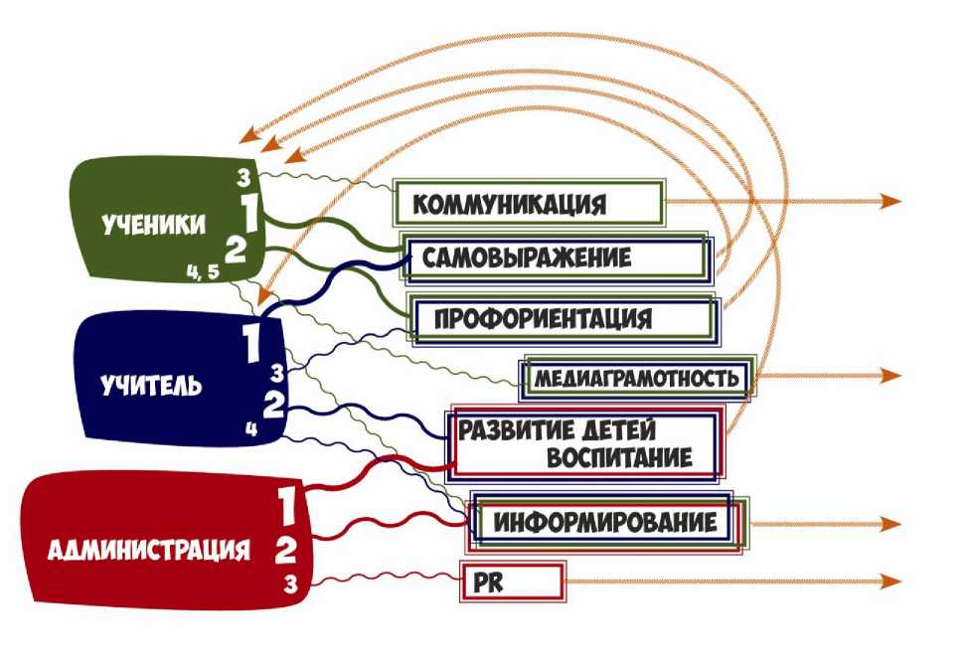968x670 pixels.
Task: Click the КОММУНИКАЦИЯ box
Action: pos(528,203)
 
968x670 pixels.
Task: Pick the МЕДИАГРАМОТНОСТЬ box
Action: pos(636,379)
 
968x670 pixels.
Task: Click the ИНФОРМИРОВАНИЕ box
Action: pos(606,522)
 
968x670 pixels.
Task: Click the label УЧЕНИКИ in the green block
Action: pos(154,225)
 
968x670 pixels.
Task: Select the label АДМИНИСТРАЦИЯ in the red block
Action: pos(148,548)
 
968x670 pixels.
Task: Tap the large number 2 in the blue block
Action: pos(274,405)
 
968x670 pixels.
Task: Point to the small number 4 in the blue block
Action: pos(251,430)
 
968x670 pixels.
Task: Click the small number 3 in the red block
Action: pos(290,584)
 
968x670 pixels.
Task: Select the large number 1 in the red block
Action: pos(287,508)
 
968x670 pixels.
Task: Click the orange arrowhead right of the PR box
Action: pos(891,582)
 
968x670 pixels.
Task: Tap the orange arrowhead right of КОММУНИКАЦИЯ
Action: pos(891,201)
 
